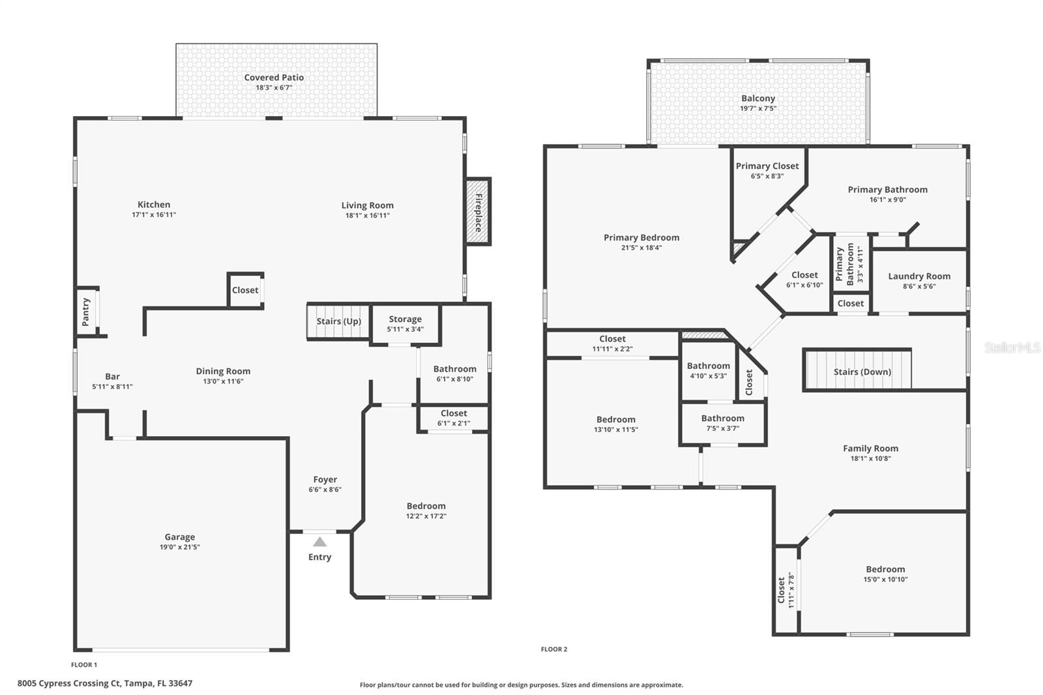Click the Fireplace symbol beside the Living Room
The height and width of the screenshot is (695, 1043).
pyautogui.click(x=478, y=212)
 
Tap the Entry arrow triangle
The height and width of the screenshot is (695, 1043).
pyautogui.click(x=319, y=542)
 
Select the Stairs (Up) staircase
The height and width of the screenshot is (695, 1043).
pyautogui.click(x=338, y=321)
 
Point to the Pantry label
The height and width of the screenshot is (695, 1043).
pyautogui.click(x=86, y=312)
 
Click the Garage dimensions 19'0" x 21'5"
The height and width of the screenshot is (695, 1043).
pyautogui.click(x=180, y=547)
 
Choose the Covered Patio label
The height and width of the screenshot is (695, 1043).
pyautogui.click(x=274, y=78)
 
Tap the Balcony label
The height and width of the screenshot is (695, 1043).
pyautogui.click(x=757, y=98)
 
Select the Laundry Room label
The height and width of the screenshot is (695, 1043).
pyautogui.click(x=918, y=276)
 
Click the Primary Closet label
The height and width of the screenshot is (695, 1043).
pyautogui.click(x=767, y=166)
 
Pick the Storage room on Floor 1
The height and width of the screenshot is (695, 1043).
pyautogui.click(x=405, y=323)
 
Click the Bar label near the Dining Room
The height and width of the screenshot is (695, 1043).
pyautogui.click(x=112, y=376)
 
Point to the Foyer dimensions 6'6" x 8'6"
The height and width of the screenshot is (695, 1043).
pyautogui.click(x=325, y=490)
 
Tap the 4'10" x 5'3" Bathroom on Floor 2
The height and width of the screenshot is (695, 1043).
pyautogui.click(x=708, y=370)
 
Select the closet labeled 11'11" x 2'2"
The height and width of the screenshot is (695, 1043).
pyautogui.click(x=612, y=344)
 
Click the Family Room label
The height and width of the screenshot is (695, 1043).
pyautogui.click(x=870, y=449)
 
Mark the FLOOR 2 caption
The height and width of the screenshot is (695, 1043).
pyautogui.click(x=554, y=649)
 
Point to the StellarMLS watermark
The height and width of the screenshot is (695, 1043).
pyautogui.click(x=1012, y=348)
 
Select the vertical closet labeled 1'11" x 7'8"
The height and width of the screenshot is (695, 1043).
pyautogui.click(x=786, y=590)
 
